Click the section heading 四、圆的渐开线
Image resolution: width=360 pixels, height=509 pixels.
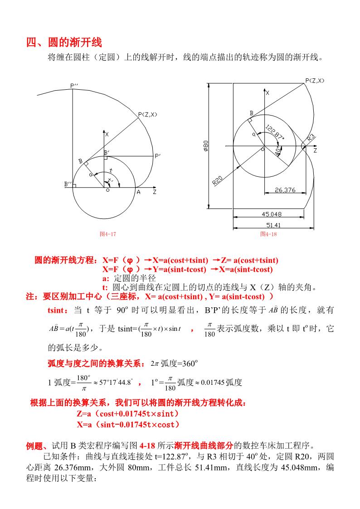[x=64, y=43]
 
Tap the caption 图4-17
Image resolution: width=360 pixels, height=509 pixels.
[x=108, y=234]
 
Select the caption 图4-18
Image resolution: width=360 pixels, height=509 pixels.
[x=268, y=234]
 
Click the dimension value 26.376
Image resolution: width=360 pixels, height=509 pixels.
[x=285, y=190]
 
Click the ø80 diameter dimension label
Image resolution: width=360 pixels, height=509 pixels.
[x=206, y=145]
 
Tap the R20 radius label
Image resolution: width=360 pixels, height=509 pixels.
[x=218, y=180]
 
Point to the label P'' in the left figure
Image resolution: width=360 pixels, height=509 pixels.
[x=74, y=85]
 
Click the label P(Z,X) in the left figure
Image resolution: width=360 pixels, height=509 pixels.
[x=147, y=115]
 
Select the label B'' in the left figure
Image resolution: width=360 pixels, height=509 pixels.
[x=68, y=184]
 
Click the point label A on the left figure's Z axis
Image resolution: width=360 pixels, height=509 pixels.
[x=138, y=192]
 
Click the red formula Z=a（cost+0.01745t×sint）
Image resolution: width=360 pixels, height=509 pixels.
[x=128, y=414]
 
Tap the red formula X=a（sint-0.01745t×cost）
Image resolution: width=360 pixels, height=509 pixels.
[x=128, y=424]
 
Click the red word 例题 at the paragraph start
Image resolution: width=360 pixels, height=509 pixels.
[x=35, y=445]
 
